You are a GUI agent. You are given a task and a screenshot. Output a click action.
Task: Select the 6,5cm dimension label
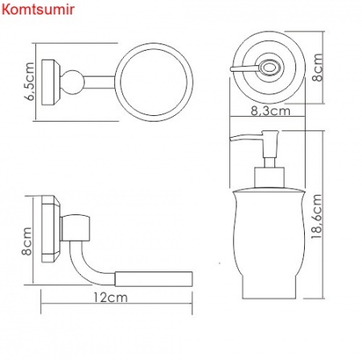[x=30, y=81]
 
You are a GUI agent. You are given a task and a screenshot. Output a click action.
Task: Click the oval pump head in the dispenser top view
[x=265, y=69]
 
